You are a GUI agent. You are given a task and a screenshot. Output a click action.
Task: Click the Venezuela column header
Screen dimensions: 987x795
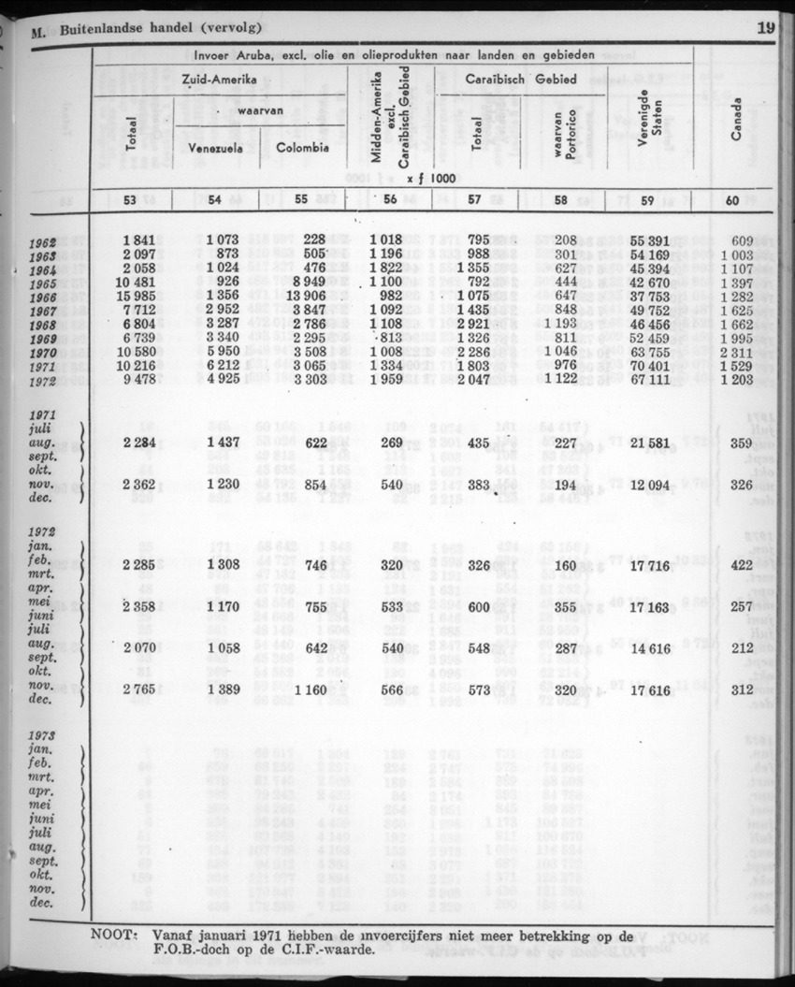pos(216,147)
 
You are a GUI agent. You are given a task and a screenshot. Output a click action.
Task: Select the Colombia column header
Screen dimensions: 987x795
pos(302,147)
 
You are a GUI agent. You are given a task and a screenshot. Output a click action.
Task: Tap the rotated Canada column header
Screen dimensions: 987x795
pos(736,121)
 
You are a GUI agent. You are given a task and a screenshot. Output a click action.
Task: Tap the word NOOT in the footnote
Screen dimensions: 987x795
pos(115,934)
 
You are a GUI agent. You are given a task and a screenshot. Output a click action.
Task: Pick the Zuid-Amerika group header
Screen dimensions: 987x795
pos(219,80)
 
